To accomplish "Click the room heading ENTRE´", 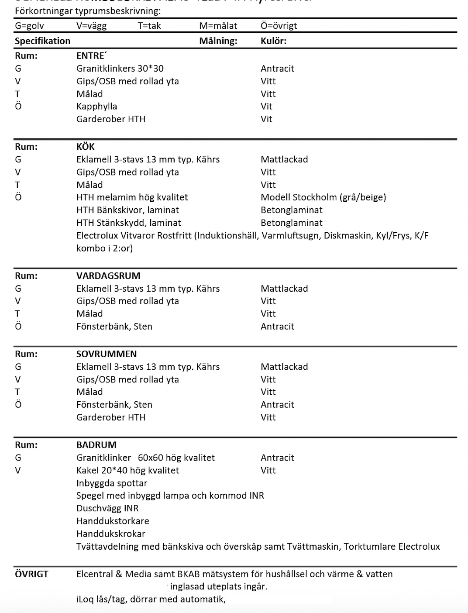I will click(91, 56).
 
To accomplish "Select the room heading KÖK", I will click(86, 147).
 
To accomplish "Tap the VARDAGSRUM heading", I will click(108, 276).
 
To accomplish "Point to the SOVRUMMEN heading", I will click(107, 354).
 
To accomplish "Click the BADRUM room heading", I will click(96, 445).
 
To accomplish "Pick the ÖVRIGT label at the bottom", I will click(31, 574).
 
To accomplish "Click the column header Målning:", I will click(218, 41).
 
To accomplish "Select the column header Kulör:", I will click(274, 41).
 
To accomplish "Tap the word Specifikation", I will click(42, 41).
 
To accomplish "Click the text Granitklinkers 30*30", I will click(120, 69).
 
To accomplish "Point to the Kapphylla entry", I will click(96, 107).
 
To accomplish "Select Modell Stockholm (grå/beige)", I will click(323, 197).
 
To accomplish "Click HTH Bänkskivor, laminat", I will click(127, 210).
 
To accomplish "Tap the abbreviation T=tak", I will click(149, 26).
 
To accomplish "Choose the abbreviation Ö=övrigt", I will click(279, 26).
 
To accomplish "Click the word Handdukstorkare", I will click(113, 521).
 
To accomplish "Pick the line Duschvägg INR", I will click(107, 508).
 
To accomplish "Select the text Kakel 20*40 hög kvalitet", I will click(127, 470).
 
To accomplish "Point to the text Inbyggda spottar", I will click(112, 483).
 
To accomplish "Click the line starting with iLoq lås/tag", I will click(151, 599).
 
